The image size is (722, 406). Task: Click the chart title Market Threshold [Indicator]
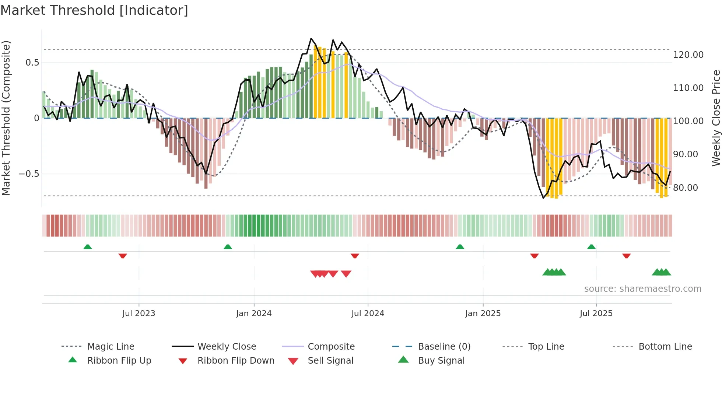click(94, 10)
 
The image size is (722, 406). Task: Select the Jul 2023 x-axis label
click(139, 314)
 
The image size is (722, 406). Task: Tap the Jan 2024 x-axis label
click(254, 314)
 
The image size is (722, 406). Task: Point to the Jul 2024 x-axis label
click(368, 314)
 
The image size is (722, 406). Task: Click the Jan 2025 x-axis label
click(483, 314)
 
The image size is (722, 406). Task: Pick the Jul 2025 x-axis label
click(596, 314)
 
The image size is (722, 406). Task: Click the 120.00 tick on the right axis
click(688, 55)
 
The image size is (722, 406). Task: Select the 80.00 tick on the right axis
click(686, 188)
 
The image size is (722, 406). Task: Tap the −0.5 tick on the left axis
click(29, 174)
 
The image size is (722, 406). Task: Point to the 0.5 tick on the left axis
click(32, 63)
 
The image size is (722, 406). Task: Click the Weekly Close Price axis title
click(716, 118)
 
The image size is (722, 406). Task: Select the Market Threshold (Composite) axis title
click(6, 118)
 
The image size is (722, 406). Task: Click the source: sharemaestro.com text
click(642, 289)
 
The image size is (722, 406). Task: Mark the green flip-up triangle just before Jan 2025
click(460, 247)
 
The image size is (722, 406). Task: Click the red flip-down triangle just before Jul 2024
click(355, 256)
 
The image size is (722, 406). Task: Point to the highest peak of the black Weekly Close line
click(311, 39)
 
